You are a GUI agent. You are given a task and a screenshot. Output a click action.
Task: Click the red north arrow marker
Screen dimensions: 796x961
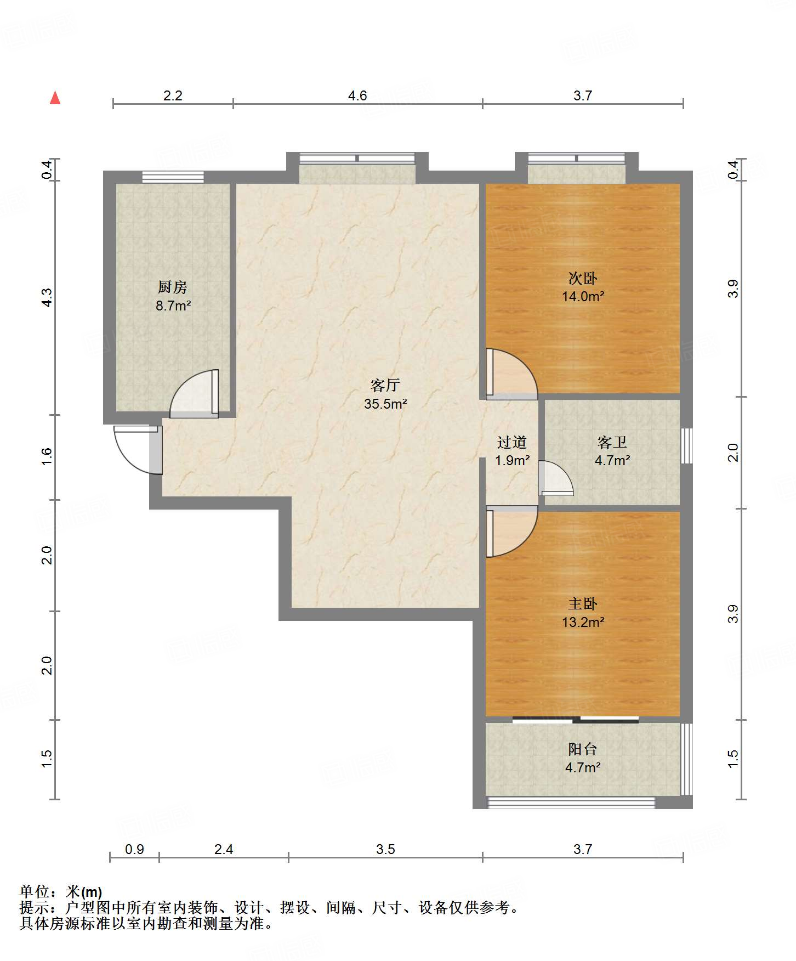point(55,98)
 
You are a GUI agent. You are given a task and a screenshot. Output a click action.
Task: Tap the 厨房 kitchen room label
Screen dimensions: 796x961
point(173,287)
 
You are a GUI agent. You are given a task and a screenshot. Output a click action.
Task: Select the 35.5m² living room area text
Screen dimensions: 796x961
point(385,404)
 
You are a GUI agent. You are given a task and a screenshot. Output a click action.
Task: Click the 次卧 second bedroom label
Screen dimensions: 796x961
point(583,279)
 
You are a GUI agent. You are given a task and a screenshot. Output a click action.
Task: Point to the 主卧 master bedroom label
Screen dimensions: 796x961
point(583,604)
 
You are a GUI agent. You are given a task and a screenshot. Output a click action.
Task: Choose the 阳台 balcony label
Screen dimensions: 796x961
point(583,749)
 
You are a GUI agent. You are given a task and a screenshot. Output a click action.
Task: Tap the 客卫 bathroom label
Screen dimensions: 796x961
point(612,442)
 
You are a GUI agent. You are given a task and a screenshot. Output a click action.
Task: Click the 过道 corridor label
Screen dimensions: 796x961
point(512,442)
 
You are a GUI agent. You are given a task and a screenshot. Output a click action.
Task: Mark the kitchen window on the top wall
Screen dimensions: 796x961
point(173,177)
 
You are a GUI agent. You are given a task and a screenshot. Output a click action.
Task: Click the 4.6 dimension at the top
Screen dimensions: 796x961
point(357,96)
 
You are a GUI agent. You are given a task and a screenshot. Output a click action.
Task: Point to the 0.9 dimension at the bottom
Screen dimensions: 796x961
point(134,850)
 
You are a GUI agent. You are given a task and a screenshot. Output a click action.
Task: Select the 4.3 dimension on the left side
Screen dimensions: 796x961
point(47,298)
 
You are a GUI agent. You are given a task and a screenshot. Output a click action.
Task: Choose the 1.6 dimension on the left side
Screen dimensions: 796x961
point(47,457)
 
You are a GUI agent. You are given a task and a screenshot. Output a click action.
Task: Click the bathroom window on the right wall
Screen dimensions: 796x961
point(686,445)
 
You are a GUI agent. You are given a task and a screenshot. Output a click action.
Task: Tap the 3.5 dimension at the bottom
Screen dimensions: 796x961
point(385,850)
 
